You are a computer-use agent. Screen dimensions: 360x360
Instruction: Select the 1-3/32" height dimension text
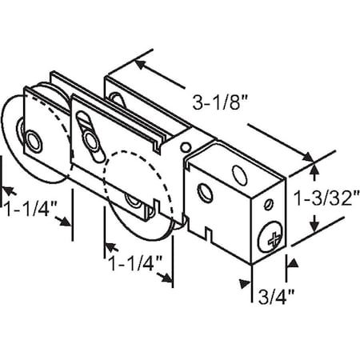(x=332, y=197)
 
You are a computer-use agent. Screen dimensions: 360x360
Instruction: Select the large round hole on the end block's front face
(x=206, y=191)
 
